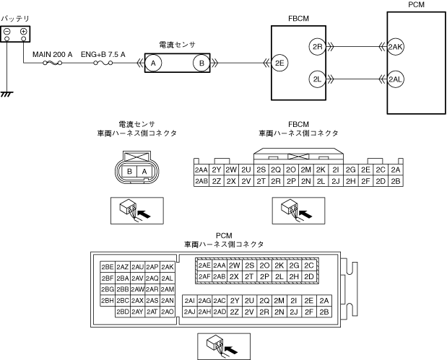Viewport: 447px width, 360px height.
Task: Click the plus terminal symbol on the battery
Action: (x=23, y=31)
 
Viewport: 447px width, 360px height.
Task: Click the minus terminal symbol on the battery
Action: (x=7, y=31)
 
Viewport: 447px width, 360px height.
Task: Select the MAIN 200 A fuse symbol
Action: (x=52, y=63)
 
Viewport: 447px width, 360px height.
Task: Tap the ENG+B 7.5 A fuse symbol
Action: (x=103, y=63)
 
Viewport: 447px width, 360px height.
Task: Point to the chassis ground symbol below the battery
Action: (x=6, y=94)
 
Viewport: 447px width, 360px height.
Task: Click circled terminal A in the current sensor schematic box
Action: (x=153, y=63)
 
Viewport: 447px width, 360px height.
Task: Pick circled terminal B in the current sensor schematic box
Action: (x=201, y=63)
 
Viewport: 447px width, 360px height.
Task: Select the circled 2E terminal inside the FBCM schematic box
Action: (x=279, y=63)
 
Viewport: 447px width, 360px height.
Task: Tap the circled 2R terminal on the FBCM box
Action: (x=317, y=46)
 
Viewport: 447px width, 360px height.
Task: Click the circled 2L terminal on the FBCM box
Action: (x=317, y=79)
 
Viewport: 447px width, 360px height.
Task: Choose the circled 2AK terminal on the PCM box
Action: (x=396, y=46)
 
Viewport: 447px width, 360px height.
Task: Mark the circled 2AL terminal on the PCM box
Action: (x=396, y=79)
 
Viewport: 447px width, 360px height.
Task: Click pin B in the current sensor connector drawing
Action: (x=129, y=172)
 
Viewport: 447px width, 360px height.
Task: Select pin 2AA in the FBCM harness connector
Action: (x=201, y=170)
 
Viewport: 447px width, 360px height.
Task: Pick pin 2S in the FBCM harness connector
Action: (x=261, y=170)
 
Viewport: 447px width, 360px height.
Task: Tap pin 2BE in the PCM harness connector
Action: (x=108, y=267)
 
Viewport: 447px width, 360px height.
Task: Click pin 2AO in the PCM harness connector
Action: (x=168, y=312)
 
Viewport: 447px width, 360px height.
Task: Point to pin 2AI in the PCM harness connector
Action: (x=190, y=300)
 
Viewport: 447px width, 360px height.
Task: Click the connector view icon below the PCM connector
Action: (x=224, y=346)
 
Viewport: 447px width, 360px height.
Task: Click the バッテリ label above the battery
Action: (x=15, y=19)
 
